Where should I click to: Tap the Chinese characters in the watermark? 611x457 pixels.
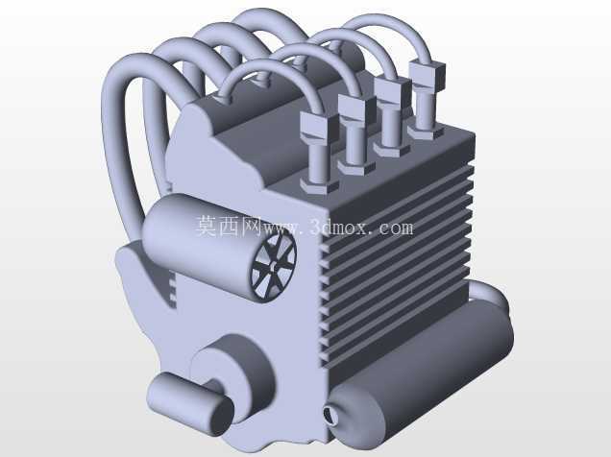229,226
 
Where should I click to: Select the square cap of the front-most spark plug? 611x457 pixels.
320,127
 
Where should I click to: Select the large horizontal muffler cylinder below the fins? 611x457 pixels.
421,373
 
